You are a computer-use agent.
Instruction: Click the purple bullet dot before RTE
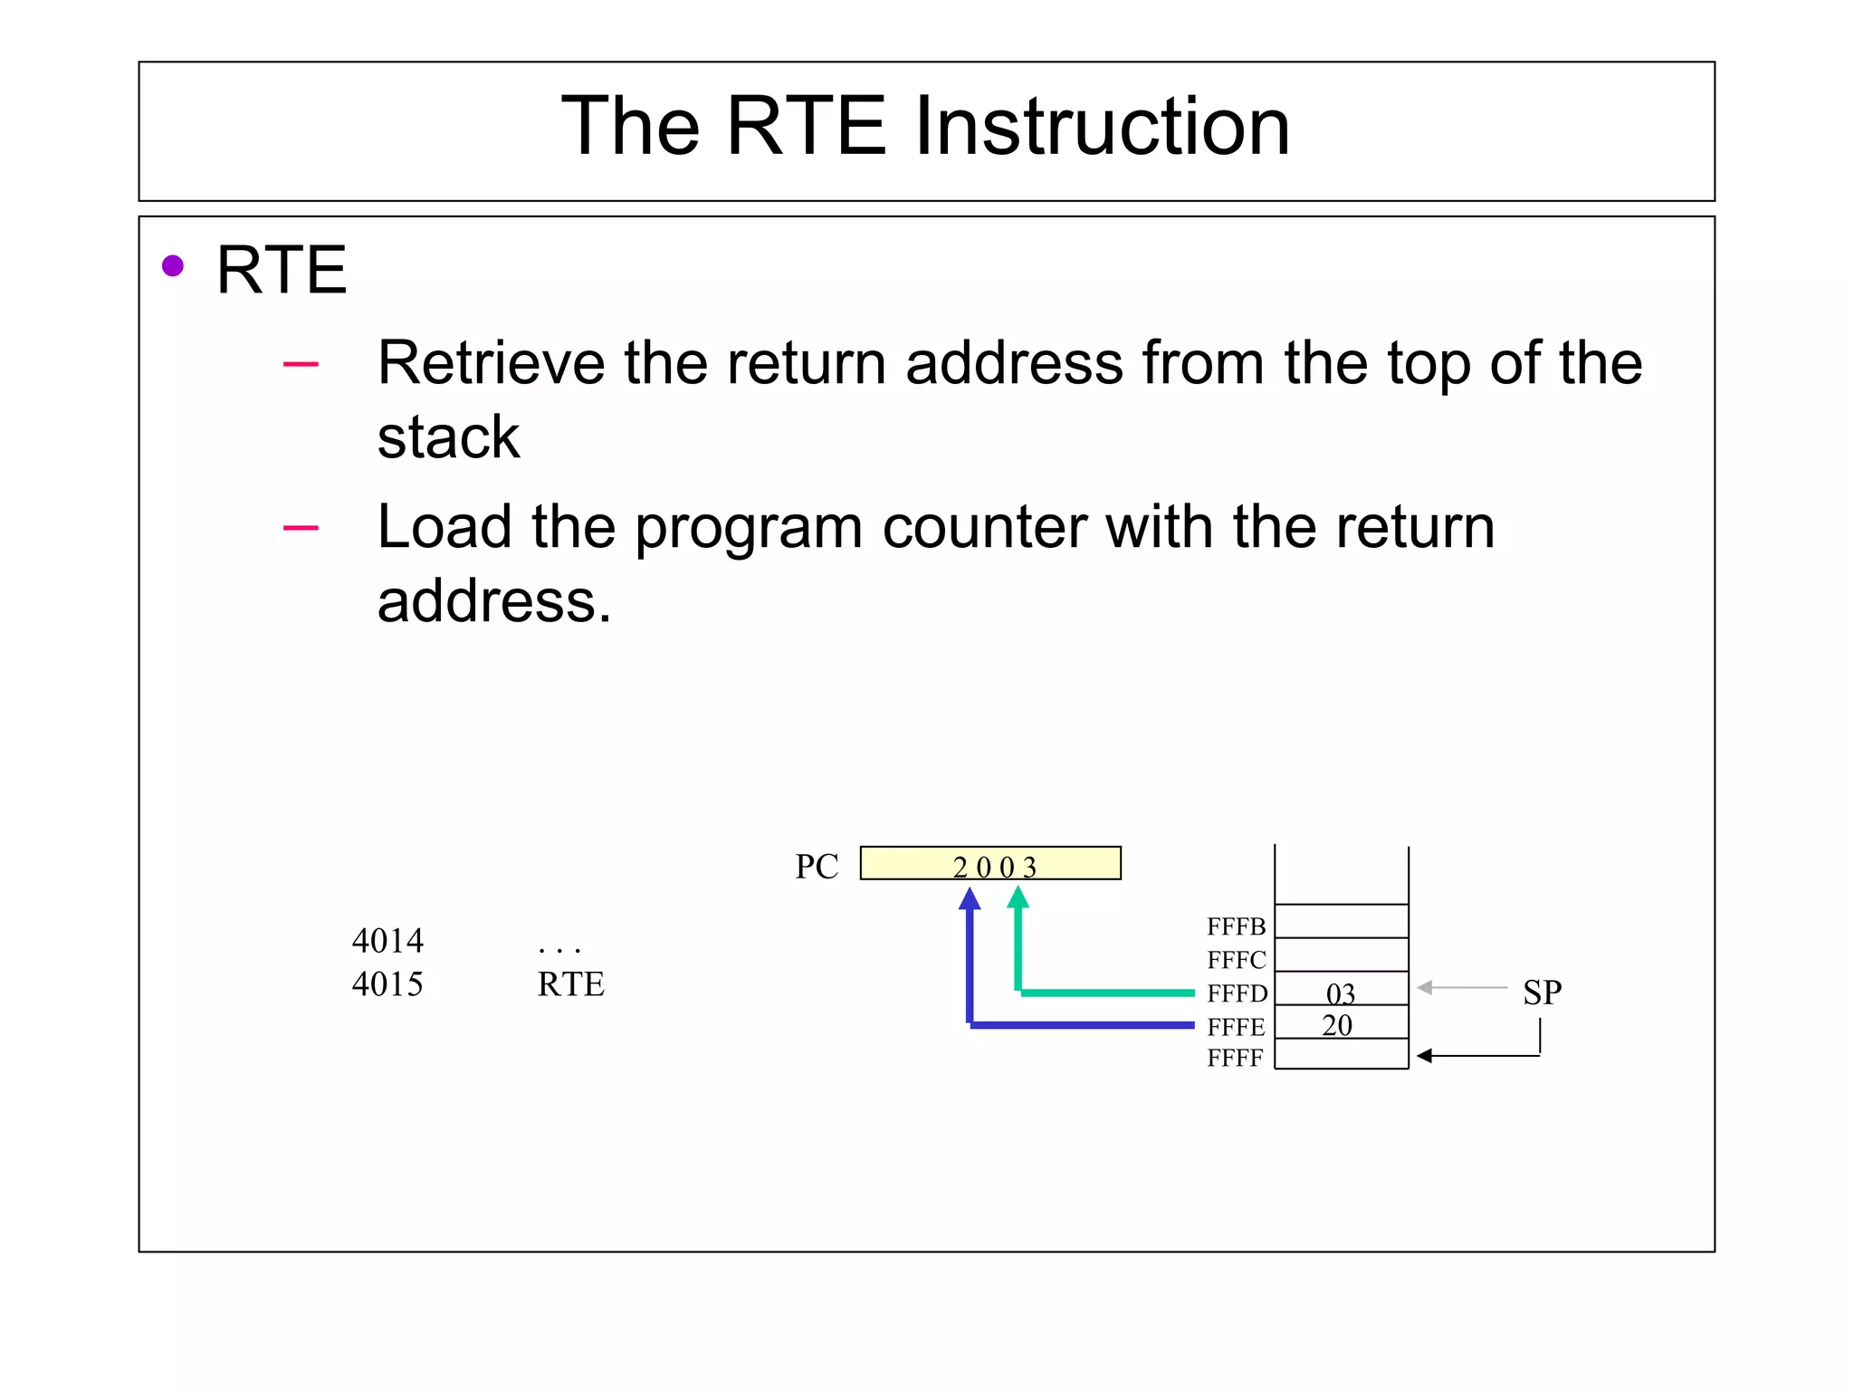click(173, 266)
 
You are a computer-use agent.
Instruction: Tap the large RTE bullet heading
click(282, 270)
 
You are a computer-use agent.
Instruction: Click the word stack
click(448, 437)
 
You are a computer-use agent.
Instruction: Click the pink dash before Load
click(301, 527)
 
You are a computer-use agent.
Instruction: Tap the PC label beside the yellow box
click(817, 867)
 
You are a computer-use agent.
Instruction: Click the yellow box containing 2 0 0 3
click(990, 863)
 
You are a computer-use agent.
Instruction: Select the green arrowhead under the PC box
click(1018, 897)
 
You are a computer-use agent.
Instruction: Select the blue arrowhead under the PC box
click(970, 898)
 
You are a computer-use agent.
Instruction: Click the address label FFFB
click(1236, 926)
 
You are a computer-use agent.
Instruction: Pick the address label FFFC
click(1236, 960)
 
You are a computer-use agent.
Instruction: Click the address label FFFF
click(1235, 1058)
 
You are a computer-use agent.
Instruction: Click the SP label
click(1542, 993)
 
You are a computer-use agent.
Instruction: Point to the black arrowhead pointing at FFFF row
click(1424, 1056)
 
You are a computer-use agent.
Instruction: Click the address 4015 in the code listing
click(387, 984)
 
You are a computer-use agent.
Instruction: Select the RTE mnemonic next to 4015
click(570, 984)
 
